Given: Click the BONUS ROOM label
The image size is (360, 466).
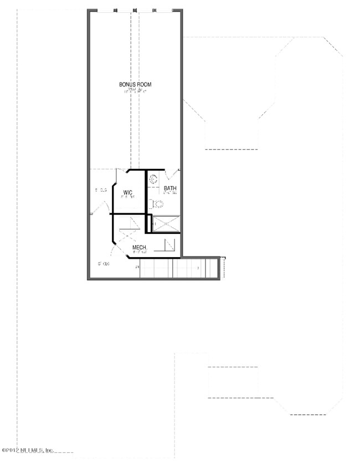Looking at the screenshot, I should coord(135,84).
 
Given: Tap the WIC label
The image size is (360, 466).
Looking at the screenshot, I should coord(127,192).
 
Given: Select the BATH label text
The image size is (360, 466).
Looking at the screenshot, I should coord(170,188).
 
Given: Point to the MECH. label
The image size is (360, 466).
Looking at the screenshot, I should coord(139,247).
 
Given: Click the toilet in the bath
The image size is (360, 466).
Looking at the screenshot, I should coord(157,203).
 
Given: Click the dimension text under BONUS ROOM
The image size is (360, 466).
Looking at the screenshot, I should coord(136,90).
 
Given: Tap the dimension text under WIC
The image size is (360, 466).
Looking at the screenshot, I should coord(128,197).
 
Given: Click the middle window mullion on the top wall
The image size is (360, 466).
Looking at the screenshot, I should coord(135,10).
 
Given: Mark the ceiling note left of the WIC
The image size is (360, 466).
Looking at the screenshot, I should coord(100,190).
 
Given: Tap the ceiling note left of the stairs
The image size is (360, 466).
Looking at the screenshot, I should coord(104,263).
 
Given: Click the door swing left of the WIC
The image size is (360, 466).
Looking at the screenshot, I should coord(100,208).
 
